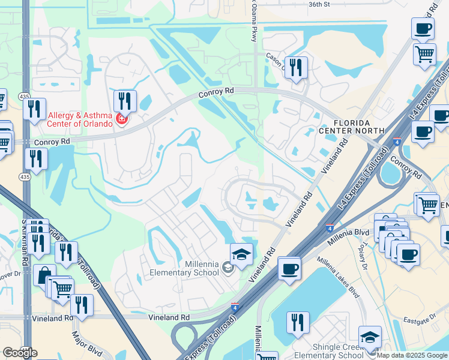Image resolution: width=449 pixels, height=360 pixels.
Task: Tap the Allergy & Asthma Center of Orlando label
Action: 80,119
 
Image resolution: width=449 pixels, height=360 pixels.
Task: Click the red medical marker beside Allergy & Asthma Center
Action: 122,119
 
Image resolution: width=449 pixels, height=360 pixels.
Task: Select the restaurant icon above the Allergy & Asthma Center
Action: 125,100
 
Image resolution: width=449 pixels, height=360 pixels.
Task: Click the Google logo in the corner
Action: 20,353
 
